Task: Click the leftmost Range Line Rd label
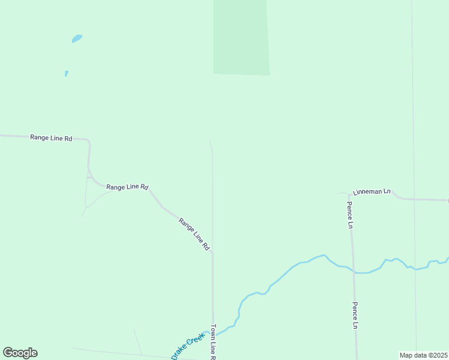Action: [51, 138]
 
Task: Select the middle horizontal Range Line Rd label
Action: [127, 187]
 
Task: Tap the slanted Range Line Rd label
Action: [194, 233]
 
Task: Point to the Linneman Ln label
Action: [371, 191]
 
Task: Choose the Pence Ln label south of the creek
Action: [355, 315]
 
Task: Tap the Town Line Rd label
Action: [212, 342]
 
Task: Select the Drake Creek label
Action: [188, 347]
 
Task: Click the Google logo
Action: [20, 353]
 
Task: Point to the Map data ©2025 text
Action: [423, 355]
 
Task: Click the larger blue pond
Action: [77, 38]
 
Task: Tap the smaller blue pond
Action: [66, 74]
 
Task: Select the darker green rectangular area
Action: [241, 37]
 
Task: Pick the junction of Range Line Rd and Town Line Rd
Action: [212, 253]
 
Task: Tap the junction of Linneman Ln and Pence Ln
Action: [349, 194]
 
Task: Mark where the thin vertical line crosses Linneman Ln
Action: [414, 199]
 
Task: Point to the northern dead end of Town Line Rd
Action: [209, 141]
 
